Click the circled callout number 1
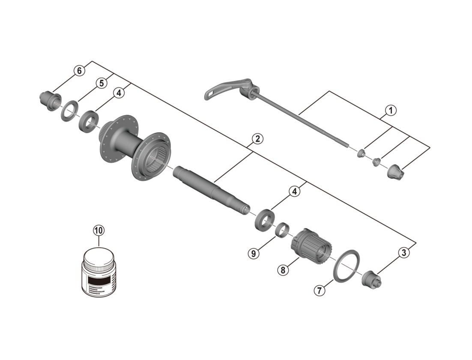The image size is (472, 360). click(391, 110)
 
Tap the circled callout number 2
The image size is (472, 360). click(257, 139)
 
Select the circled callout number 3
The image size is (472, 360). click(404, 252)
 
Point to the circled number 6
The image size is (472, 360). click(79, 71)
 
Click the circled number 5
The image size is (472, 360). click(102, 83)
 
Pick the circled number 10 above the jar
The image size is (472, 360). click(99, 231)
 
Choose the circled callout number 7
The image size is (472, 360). click(320, 291)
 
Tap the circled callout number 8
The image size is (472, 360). click(283, 270)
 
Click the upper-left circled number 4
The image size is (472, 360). click(119, 93)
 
